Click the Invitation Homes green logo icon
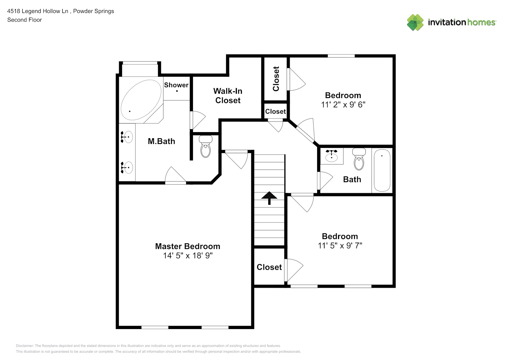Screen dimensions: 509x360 point(415,22)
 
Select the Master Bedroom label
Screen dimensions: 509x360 point(188,246)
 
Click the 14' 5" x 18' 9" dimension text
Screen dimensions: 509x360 point(188,256)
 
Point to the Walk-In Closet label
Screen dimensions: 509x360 point(228,96)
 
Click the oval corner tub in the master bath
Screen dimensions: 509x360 point(141,100)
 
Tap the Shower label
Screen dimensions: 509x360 point(176,85)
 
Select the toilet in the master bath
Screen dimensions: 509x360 point(206,147)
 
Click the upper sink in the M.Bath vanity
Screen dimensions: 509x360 point(127,137)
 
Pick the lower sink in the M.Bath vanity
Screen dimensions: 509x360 point(127,167)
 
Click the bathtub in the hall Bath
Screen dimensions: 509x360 point(382,170)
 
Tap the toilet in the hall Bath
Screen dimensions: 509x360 point(359,159)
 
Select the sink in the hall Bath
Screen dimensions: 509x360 point(332,156)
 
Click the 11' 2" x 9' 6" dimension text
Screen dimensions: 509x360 point(343,105)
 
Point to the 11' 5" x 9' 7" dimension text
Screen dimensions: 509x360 point(340,246)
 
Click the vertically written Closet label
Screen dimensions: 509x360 point(276,79)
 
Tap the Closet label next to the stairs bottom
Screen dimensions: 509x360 point(269,267)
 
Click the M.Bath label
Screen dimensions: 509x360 point(161,141)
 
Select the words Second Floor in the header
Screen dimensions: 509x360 point(24,20)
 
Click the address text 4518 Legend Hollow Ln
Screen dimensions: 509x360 point(38,11)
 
